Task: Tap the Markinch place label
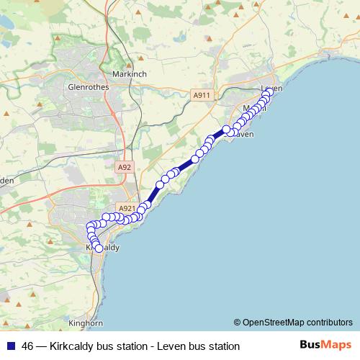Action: (130, 73)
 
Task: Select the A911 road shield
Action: (202, 94)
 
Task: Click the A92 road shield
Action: (125, 166)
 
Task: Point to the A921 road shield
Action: (127, 209)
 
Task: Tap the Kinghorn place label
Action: (86, 323)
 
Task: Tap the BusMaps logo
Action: (325, 346)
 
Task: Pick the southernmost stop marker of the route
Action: (99, 248)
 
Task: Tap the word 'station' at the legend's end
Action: (221, 346)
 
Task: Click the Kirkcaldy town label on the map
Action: (102, 247)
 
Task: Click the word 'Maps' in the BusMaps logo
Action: (336, 346)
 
